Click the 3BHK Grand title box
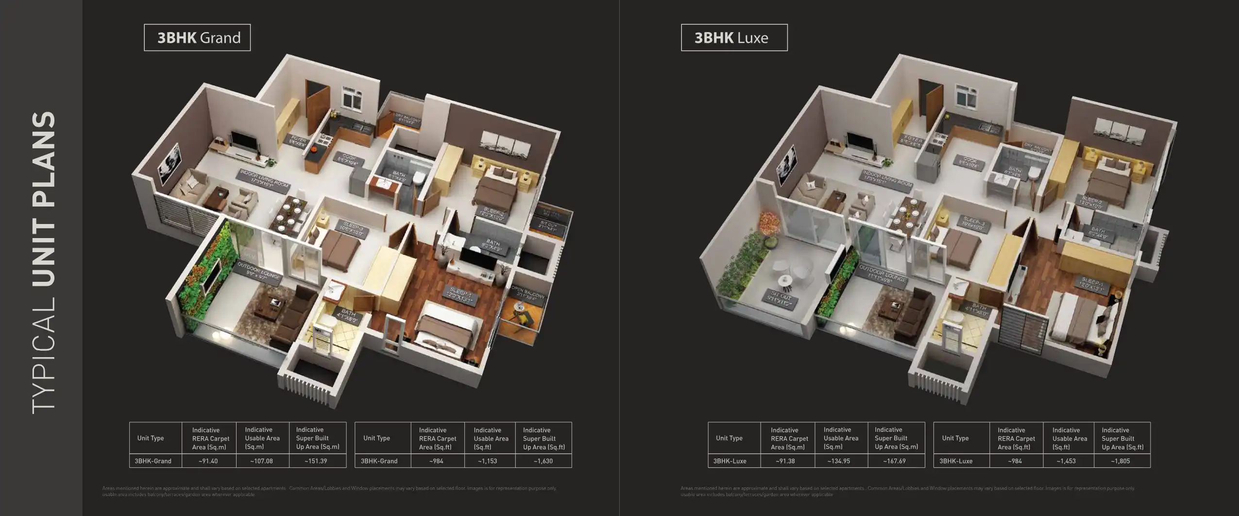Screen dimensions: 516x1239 (x=197, y=38)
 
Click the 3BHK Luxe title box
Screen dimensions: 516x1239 (x=733, y=38)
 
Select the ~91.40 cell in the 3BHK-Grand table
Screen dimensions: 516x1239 (x=208, y=461)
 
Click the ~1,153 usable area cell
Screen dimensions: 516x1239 (x=487, y=461)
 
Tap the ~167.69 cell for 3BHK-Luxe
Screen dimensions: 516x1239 (x=894, y=461)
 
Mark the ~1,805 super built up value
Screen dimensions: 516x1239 (x=1120, y=461)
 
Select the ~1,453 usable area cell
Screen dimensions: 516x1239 (x=1066, y=461)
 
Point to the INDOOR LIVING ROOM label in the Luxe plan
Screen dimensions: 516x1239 (x=887, y=179)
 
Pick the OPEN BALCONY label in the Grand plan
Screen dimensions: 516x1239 (x=528, y=293)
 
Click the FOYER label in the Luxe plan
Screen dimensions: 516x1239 (x=911, y=142)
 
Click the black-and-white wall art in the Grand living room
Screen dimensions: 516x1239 (x=170, y=164)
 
